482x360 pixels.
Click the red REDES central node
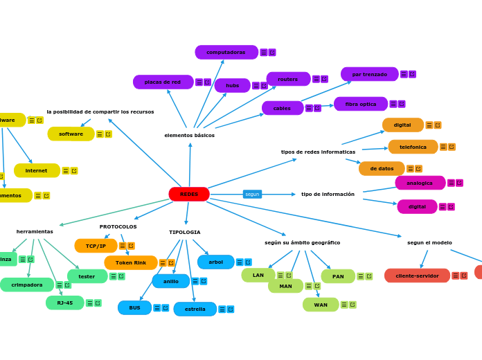click(189, 195)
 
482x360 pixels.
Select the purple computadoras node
click(226, 53)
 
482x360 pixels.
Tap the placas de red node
click(163, 82)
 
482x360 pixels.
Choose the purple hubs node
click(232, 86)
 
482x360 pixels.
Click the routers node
click(288, 80)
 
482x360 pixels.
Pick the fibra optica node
click(361, 105)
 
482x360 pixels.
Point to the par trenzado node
click(369, 75)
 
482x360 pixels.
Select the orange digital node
click(402, 125)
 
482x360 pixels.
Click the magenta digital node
click(417, 207)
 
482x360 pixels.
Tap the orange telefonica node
click(413, 147)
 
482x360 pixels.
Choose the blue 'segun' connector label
click(252, 195)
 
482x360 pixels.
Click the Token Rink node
click(131, 263)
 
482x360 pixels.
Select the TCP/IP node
click(96, 246)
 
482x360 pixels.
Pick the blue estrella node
click(195, 309)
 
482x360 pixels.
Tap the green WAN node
click(321, 305)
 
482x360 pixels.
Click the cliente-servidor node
click(417, 276)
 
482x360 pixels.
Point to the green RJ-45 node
click(65, 303)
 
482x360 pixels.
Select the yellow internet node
click(37, 171)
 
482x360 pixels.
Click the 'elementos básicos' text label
click(189, 136)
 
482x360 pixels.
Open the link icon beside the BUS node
click(166, 308)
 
